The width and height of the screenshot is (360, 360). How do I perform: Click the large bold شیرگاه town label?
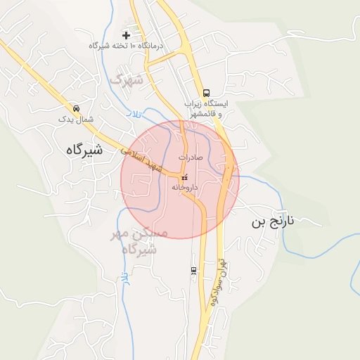[x=84, y=150]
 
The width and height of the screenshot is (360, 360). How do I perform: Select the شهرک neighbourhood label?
[x=126, y=80]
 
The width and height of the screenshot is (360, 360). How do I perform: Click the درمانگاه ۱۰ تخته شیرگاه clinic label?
[x=126, y=46]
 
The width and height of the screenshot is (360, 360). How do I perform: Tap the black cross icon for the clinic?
[x=127, y=34]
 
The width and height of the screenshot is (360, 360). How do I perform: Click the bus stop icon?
[x=206, y=93]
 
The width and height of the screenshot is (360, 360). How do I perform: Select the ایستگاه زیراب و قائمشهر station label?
[x=207, y=108]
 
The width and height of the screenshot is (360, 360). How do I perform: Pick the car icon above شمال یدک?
[x=76, y=109]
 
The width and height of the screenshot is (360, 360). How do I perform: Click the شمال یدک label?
[x=76, y=120]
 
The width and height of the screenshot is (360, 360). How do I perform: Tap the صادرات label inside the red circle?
[x=191, y=157]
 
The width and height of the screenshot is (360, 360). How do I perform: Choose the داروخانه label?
[x=184, y=188]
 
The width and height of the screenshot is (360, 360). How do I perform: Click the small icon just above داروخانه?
[x=184, y=178]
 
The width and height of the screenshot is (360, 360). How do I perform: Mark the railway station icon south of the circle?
[x=193, y=270]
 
